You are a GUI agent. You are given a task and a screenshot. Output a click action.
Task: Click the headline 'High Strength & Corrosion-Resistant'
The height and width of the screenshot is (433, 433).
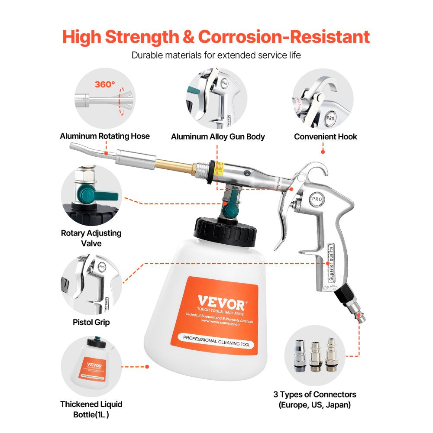point(216,37)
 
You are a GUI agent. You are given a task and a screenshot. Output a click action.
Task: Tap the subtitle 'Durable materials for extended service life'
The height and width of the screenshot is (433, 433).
point(216,55)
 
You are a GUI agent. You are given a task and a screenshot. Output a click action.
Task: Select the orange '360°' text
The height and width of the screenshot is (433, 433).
point(105,84)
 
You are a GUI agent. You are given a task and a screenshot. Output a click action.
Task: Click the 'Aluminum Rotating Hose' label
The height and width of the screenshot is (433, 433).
point(105,136)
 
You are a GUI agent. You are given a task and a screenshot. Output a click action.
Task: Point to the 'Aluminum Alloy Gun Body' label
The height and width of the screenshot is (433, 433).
point(218,136)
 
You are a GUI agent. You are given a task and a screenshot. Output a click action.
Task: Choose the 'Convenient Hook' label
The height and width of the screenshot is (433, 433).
point(326,136)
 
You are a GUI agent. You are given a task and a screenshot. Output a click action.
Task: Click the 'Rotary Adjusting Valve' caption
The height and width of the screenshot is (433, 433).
point(91,238)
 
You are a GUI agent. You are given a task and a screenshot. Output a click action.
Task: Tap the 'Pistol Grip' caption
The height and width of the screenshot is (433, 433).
point(91,322)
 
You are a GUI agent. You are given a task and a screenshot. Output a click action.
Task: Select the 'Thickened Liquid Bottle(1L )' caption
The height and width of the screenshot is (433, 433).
point(91,409)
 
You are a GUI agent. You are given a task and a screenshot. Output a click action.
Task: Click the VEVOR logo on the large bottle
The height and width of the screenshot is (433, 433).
point(222,300)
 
